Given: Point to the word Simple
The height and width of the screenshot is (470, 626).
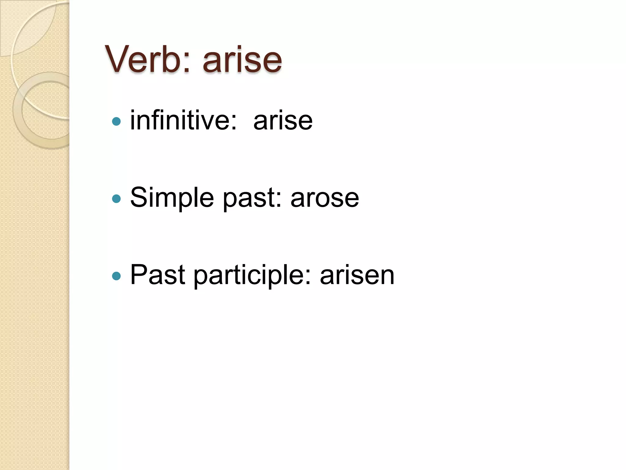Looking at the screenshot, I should point(172,198).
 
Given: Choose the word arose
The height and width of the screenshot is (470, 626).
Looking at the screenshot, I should point(325,198).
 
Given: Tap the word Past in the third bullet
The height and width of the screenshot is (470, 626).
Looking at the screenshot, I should point(158,275).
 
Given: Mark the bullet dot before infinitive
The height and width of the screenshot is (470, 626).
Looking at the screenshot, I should point(116,121).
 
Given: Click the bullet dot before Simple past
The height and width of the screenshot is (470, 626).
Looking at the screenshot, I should point(116,199).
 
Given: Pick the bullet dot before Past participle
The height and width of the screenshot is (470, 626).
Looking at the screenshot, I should point(116,276).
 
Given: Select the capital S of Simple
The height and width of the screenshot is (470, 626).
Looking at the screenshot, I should point(139,197).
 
